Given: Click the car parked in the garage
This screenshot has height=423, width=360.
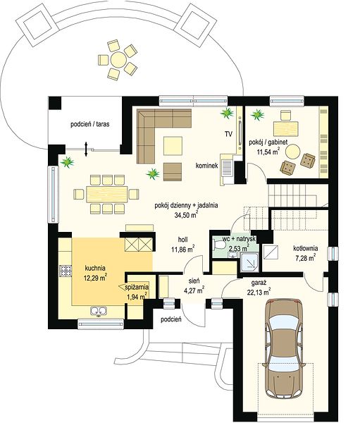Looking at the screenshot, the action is pyautogui.click(x=285, y=348).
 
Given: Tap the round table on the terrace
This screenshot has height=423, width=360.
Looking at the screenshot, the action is pyautogui.click(x=118, y=59).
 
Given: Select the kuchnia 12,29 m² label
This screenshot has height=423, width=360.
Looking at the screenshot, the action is pyautogui.click(x=96, y=274).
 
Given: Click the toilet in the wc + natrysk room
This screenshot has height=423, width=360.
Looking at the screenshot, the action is pyautogui.click(x=218, y=245).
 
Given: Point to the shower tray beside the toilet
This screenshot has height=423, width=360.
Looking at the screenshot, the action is pyautogui.click(x=249, y=262).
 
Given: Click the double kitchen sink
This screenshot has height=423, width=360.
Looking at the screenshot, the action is pyautogui.click(x=99, y=311).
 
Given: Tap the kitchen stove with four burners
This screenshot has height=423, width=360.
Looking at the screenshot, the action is pyautogui.click(x=66, y=271).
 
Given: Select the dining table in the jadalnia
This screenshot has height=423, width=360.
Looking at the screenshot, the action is pyautogui.click(x=107, y=195).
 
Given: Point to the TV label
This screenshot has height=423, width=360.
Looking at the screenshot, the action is pyautogui.click(x=228, y=134).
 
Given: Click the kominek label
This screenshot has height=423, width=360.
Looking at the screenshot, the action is pyautogui.click(x=207, y=166).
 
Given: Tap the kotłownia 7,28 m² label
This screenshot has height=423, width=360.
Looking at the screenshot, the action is pyautogui.click(x=306, y=253).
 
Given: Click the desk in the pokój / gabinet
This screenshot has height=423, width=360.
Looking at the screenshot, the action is pyautogui.click(x=286, y=129).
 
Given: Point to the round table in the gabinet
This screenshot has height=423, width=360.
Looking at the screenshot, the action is pyautogui.click(x=292, y=152).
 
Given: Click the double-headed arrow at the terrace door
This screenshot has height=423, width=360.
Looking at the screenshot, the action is pyautogui.click(x=86, y=149).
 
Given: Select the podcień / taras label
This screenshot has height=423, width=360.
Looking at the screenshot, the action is pyautogui.click(x=90, y=124).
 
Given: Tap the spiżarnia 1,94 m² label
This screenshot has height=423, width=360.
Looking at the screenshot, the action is pyautogui.click(x=137, y=292).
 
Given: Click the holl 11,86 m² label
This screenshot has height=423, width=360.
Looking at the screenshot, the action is pyautogui.click(x=183, y=245).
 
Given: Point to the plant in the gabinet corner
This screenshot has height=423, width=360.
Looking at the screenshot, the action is pyautogui.click(x=258, y=114).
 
